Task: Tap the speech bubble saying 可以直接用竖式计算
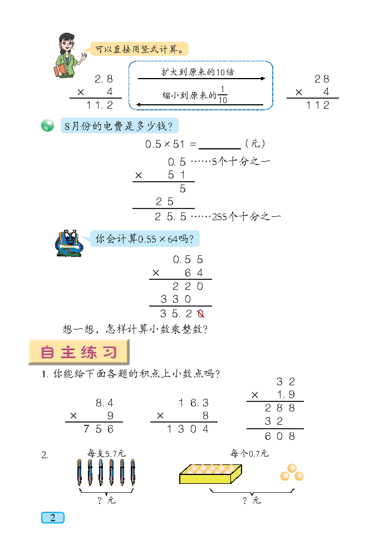pyautogui.click(x=140, y=49)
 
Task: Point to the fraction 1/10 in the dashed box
pyautogui.click(x=223, y=95)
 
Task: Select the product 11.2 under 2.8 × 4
pyautogui.click(x=100, y=105)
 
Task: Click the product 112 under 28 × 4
pyautogui.click(x=318, y=105)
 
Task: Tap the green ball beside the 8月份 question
pyautogui.click(x=48, y=125)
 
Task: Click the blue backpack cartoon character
pyautogui.click(x=68, y=243)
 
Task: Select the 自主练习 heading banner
pyautogui.click(x=79, y=352)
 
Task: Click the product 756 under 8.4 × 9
pyautogui.click(x=99, y=429)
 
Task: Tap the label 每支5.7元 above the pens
pyautogui.click(x=106, y=453)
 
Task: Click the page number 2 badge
pyautogui.click(x=53, y=518)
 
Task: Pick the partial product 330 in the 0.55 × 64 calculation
pyautogui.click(x=176, y=299)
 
